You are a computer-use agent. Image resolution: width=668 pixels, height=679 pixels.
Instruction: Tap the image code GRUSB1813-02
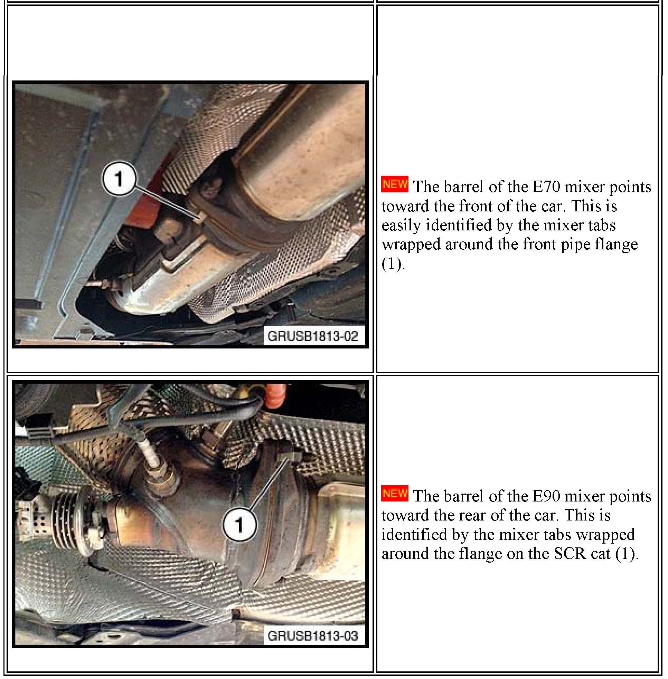click(313, 336)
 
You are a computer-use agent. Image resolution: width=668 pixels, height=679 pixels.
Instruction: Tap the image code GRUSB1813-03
click(313, 635)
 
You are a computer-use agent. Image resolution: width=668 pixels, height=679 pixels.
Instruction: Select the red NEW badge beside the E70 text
click(395, 184)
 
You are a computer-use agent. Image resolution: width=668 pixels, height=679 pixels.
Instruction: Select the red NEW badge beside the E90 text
click(395, 494)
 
